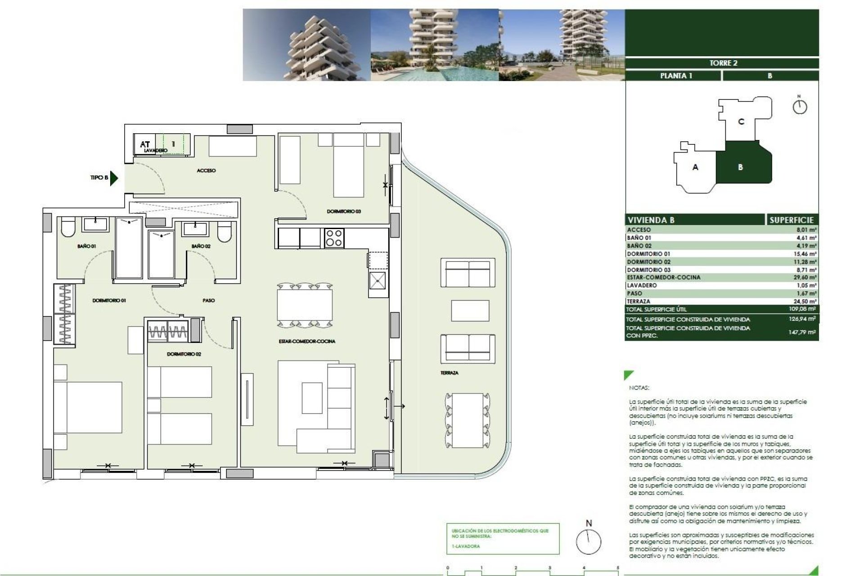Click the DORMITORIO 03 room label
(344, 211)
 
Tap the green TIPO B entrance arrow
(114, 178)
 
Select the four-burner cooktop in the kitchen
(334, 238)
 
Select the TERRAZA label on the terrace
(449, 373)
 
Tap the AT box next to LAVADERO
(145, 144)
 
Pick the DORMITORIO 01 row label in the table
(648, 254)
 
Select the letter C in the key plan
(741, 121)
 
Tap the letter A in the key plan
(695, 167)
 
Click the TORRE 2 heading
(723, 63)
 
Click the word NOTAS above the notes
(639, 387)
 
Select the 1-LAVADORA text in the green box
(466, 546)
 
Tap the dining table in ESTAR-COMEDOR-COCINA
(305, 305)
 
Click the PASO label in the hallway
(208, 300)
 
